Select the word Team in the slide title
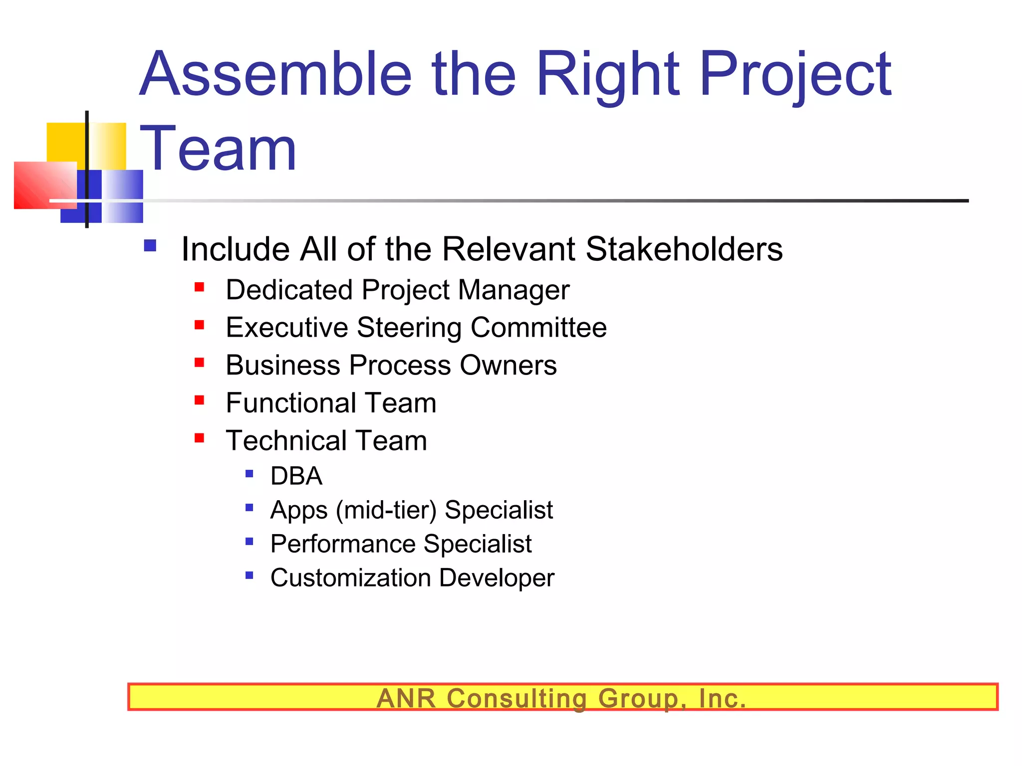coord(218,149)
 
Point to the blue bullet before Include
coord(150,245)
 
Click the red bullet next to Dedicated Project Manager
coord(200,287)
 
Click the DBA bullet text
coord(296,476)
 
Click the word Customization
coord(350,578)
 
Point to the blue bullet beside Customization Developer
coord(250,575)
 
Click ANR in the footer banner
coord(406,698)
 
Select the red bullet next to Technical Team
coord(200,438)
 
